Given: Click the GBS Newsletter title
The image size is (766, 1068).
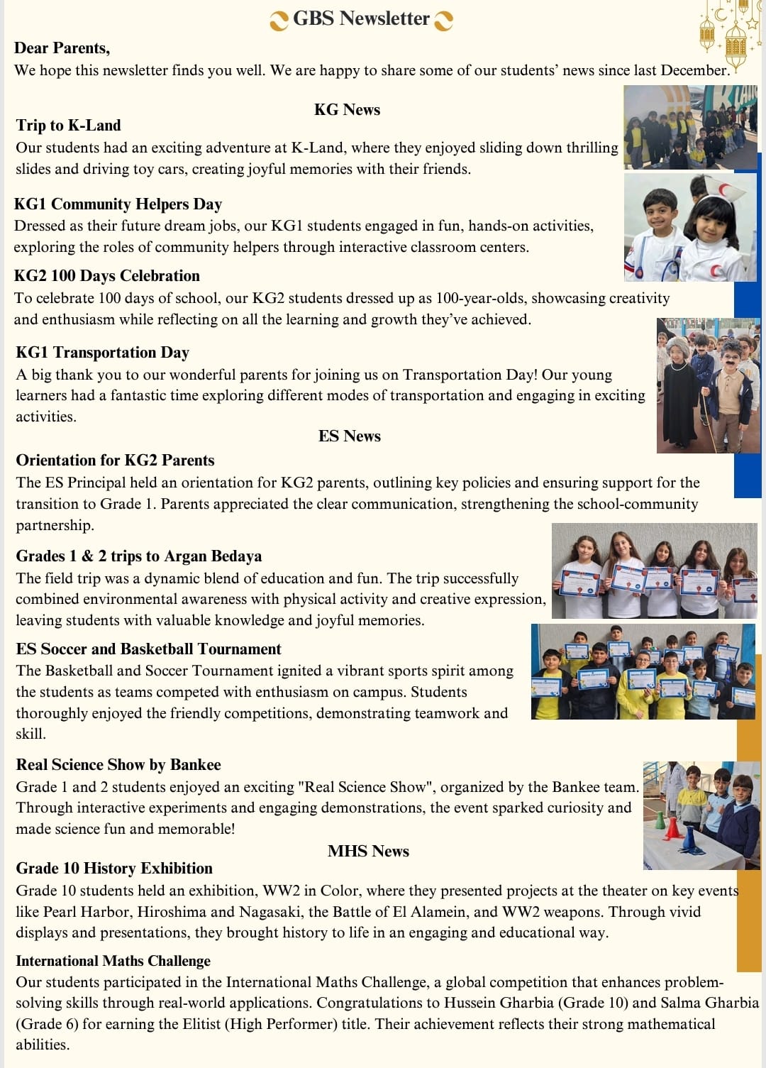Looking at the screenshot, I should click(361, 18).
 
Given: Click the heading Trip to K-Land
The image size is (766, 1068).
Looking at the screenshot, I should click(69, 126).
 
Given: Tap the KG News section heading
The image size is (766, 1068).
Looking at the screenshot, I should click(347, 109).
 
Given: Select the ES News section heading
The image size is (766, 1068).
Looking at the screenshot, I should click(349, 436).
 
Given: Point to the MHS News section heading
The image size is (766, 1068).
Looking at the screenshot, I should click(368, 851).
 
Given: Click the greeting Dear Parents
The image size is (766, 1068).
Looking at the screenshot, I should click(62, 48).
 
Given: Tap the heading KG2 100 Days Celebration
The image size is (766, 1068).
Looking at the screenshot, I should click(107, 276).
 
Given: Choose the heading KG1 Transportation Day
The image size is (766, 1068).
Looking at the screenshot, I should click(103, 353).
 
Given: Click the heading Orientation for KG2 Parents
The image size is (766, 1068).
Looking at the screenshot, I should click(115, 461).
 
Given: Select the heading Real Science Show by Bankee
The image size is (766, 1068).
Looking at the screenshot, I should click(118, 765).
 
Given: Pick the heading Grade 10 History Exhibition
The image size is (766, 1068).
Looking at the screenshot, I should click(114, 869).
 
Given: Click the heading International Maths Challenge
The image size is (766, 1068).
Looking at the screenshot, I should click(113, 961).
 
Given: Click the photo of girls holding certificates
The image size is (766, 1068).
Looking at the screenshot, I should click(653, 571).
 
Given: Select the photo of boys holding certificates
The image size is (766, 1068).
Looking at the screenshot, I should click(642, 671).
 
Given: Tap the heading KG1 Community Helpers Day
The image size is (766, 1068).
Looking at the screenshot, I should click(118, 204).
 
